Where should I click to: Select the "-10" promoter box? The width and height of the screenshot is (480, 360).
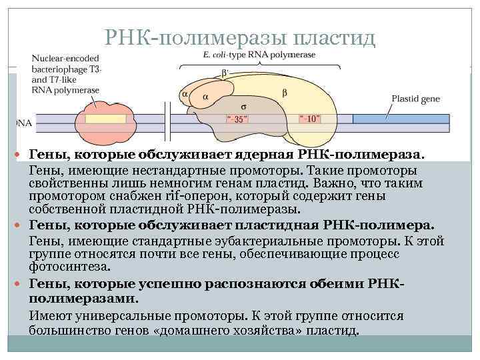tap(310, 119)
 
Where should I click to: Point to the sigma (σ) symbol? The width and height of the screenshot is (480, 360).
tap(244, 105)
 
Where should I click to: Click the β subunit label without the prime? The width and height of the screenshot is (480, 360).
tap(285, 93)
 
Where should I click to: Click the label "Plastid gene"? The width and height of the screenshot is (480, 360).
tap(415, 98)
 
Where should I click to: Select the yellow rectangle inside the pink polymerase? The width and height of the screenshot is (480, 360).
tap(106, 121)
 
